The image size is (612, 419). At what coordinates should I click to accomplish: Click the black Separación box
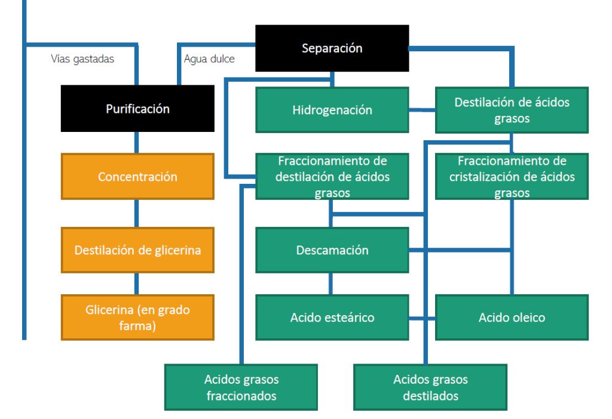[x=332, y=48]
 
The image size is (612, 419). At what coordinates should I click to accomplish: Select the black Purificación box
[x=137, y=109]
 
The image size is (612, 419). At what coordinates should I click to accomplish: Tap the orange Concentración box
[x=137, y=177]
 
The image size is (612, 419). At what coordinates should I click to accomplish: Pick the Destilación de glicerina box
[x=137, y=250]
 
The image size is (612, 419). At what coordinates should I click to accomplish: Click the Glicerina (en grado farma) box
[x=137, y=318]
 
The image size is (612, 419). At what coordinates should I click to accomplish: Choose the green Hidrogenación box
[x=332, y=110]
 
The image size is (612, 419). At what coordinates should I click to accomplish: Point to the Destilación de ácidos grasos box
[x=512, y=110]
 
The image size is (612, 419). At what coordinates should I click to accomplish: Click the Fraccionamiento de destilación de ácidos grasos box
[x=332, y=177]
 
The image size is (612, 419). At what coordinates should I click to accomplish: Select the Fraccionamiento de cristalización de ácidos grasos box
[x=512, y=177]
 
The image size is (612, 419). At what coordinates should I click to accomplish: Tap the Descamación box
[x=332, y=250]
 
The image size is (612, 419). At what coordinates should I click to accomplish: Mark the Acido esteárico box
[x=332, y=318]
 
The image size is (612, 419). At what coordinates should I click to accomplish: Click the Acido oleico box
[x=512, y=318]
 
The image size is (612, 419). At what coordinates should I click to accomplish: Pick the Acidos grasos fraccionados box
[x=241, y=387]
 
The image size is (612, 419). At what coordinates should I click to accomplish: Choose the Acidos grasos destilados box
[x=430, y=387]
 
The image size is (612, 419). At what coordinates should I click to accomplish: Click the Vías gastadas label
[x=82, y=58]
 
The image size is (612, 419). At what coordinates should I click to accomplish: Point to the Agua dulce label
[x=209, y=58]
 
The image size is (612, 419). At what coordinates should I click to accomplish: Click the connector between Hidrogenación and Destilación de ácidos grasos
[x=422, y=110]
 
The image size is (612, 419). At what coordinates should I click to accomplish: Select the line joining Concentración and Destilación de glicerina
[x=137, y=214]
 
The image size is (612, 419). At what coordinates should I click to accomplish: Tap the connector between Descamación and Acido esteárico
[x=332, y=284]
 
